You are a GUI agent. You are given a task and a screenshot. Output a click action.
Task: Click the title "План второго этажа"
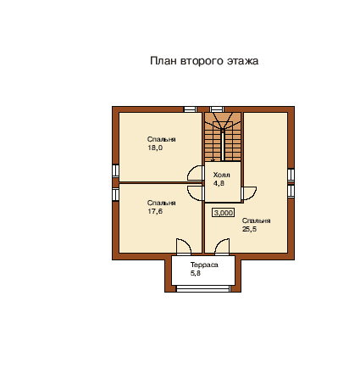coord(204,61)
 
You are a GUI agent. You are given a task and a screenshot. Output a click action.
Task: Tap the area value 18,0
coord(155,148)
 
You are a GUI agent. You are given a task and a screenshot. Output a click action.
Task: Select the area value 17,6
coord(155,211)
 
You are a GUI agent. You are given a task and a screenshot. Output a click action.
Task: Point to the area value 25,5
coord(249,229)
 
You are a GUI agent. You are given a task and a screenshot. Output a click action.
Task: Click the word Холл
coord(221,175)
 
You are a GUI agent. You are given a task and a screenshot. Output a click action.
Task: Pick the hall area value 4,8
coord(219,183)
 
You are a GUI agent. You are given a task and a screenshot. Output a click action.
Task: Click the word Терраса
coord(204,265)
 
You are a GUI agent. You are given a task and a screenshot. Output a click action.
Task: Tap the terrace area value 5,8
coord(196,273)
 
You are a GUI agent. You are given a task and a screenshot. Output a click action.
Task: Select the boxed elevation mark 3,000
coord(223,213)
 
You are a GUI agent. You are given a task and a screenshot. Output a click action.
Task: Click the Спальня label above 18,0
coord(162,139)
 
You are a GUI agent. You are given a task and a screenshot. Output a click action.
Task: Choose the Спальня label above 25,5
coord(256,220)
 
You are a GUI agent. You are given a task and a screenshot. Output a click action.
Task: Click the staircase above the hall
coord(223,137)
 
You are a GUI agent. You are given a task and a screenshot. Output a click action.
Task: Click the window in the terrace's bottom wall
coord(202,289)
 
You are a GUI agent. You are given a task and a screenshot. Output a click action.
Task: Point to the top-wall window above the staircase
coord(217,109)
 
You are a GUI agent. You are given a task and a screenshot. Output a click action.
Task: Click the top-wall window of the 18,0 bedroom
coord(190,109)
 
